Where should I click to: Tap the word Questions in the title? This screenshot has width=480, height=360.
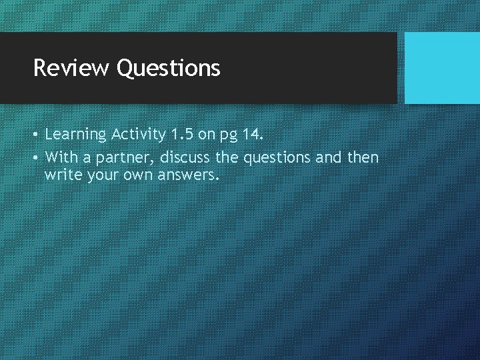(168, 68)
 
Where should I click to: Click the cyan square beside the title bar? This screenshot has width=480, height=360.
(442, 68)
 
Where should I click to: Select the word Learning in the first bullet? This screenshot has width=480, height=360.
(75, 135)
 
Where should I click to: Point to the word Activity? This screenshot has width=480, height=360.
(139, 135)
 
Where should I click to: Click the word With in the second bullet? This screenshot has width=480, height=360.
(60, 157)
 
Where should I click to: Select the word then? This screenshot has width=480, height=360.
(363, 157)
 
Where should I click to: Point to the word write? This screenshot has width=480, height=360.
(63, 176)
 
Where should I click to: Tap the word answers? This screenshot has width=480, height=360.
(189, 177)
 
